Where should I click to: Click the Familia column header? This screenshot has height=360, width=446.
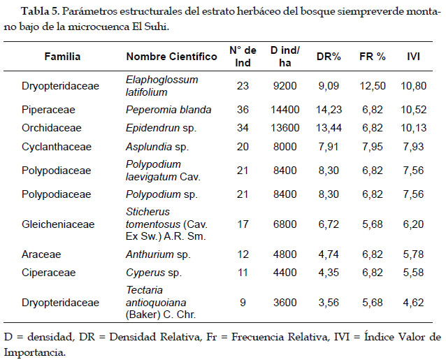pos(62,57)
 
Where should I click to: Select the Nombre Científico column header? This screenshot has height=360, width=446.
pos(171,57)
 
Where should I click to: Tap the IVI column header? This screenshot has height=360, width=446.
pos(413,57)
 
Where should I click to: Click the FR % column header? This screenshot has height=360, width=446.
pos(373,57)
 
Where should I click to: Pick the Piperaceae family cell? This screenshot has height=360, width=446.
pos(48,110)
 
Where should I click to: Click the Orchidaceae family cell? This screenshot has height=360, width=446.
pos(52,128)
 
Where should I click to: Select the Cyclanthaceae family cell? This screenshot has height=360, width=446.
pos(57,147)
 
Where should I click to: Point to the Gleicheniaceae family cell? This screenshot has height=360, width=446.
pos(58,224)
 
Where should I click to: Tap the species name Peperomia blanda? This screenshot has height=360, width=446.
pos(168,110)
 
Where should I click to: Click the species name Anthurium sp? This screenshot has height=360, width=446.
pos(158,254)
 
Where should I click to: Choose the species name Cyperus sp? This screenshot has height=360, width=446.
pos(154,273)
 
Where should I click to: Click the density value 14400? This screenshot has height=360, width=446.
pos(285,110)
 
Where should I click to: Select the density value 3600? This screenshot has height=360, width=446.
pos(285,302)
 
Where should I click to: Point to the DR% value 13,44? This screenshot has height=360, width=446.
pos(329,128)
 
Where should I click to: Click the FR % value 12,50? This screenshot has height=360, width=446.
pos(373,86)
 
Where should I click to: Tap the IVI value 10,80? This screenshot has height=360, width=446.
pos(414,86)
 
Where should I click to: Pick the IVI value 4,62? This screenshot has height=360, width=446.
pos(414,302)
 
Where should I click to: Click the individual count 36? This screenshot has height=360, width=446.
pos(243,110)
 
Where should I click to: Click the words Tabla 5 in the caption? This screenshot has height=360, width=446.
pos(40,11)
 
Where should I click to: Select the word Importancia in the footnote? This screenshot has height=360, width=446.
pos(35,352)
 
